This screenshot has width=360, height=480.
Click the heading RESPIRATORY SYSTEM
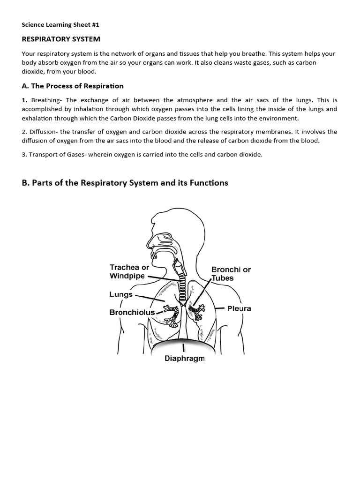[x=61, y=39]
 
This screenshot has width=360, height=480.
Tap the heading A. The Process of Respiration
[x=73, y=86]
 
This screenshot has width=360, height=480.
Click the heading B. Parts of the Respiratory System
[x=125, y=182]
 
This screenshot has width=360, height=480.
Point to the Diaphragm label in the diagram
[x=184, y=359]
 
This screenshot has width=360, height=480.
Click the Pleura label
[x=239, y=308]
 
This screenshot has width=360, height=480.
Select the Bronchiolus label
[x=132, y=312]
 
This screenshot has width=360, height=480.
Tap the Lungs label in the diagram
[x=120, y=295]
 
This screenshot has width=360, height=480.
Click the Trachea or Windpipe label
[x=129, y=271]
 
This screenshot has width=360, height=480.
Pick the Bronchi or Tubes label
[x=231, y=274]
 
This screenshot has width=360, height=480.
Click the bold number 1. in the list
[x=24, y=100]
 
